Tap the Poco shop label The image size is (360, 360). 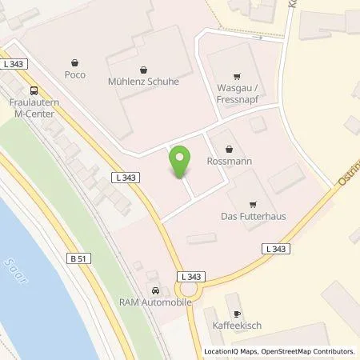click(74, 75)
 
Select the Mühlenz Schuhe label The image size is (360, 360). click(143, 81)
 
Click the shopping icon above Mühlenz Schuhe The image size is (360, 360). click(143, 68)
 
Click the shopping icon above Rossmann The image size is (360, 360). click(230, 148)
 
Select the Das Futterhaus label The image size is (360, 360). click(253, 215)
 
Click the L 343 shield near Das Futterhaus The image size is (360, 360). click(275, 250)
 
